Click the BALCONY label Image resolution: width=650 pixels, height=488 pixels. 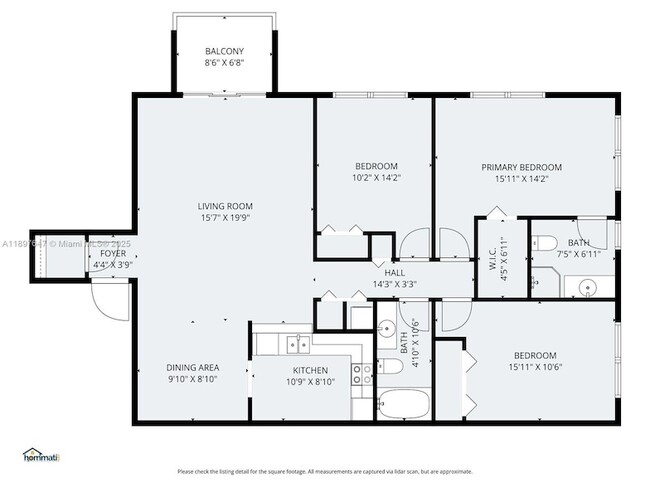pyautogui.click(x=224, y=51)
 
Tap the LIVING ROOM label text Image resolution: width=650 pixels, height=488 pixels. pyautogui.click(x=224, y=206)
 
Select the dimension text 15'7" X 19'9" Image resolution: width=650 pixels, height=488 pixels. pyautogui.click(x=224, y=217)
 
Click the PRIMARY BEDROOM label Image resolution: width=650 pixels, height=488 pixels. pyautogui.click(x=521, y=167)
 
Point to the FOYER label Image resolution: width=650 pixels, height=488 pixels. pyautogui.click(x=113, y=254)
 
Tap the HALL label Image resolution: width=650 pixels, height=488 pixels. pyautogui.click(x=394, y=272)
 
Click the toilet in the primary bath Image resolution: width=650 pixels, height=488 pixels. pyautogui.click(x=544, y=241)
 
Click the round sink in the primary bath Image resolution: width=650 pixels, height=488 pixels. pyautogui.click(x=585, y=288)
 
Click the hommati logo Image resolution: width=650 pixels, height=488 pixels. pyautogui.click(x=41, y=457)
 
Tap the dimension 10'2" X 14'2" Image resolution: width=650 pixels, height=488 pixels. pyautogui.click(x=376, y=178)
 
